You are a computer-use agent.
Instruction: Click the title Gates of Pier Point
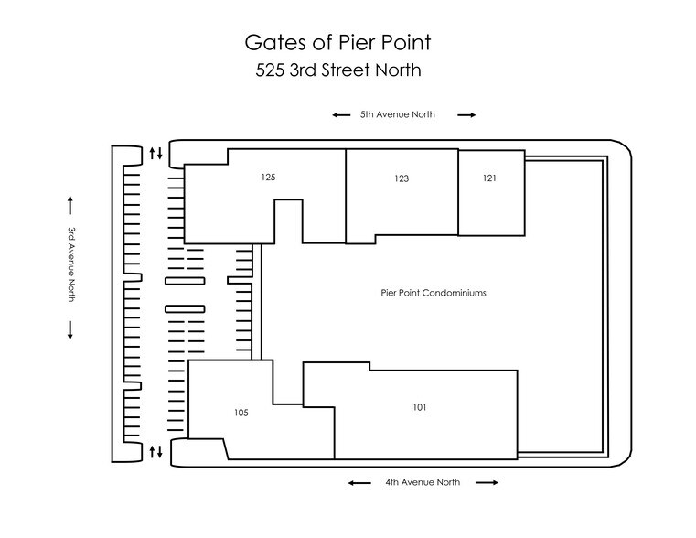[x=337, y=43]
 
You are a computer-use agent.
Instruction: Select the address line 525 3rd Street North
[x=338, y=70]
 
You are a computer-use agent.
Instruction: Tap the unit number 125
[x=268, y=178]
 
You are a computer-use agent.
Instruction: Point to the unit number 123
[x=402, y=178]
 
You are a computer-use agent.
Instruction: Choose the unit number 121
[x=489, y=178]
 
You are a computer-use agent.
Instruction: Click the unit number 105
[x=241, y=413]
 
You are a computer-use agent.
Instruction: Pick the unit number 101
[x=420, y=407]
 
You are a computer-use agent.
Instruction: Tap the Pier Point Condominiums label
[x=434, y=293]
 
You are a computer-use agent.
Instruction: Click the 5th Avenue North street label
[x=397, y=114]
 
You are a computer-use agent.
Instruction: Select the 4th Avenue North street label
[x=423, y=482]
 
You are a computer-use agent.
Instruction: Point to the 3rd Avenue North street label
[x=71, y=264]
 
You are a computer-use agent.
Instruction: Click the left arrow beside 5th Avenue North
[x=341, y=115]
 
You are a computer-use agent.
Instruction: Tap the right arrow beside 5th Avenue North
[x=466, y=115]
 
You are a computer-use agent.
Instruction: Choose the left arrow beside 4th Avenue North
[x=359, y=483]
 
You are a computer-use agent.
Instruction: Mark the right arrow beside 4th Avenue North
[x=487, y=482]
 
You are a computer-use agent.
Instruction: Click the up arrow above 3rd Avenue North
[x=70, y=205]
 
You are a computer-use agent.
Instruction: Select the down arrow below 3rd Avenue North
[x=70, y=330]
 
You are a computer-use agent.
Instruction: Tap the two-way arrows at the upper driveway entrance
[x=155, y=153]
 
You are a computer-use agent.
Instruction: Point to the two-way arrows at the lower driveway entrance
[x=155, y=452]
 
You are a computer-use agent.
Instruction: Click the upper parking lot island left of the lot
[x=185, y=281]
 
